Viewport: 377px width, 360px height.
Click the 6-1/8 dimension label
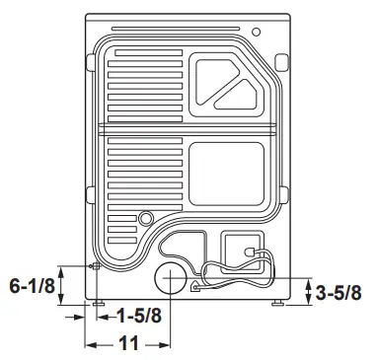click(31, 287)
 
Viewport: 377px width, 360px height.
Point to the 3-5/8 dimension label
click(338, 292)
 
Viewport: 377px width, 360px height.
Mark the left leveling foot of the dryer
click(99, 303)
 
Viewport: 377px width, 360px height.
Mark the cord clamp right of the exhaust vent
click(195, 287)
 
